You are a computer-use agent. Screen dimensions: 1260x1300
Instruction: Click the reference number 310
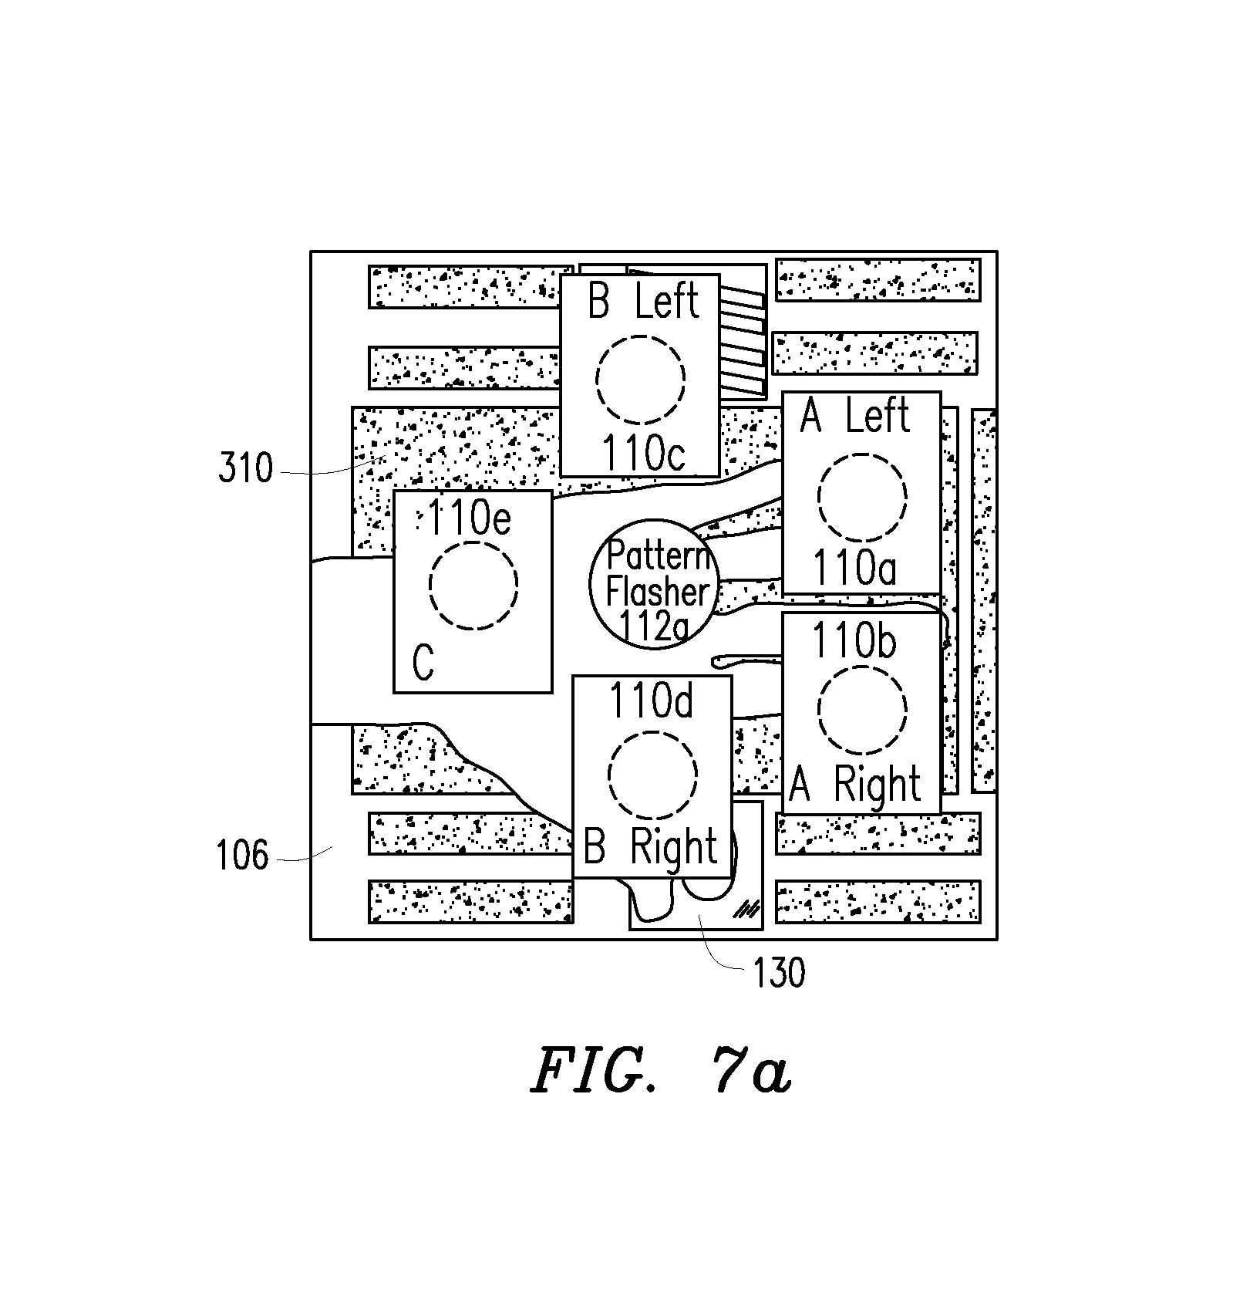(x=245, y=468)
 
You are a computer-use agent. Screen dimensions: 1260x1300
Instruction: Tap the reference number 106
(x=243, y=856)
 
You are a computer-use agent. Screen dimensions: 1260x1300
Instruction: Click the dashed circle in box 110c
(x=640, y=379)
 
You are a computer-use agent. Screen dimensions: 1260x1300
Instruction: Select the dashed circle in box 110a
(x=862, y=498)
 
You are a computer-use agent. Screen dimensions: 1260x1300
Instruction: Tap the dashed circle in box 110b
(x=862, y=711)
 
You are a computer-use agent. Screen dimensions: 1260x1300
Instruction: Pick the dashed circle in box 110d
(x=652, y=775)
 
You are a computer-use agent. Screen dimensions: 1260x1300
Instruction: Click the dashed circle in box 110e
(x=473, y=585)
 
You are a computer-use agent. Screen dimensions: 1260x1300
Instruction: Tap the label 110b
(x=855, y=641)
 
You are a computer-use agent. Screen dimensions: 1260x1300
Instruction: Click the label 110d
(x=652, y=701)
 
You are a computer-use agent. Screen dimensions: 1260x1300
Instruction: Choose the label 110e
(x=468, y=518)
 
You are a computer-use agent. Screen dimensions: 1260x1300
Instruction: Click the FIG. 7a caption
(x=661, y=1072)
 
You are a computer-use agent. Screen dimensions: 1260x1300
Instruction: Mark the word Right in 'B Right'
(x=674, y=848)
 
